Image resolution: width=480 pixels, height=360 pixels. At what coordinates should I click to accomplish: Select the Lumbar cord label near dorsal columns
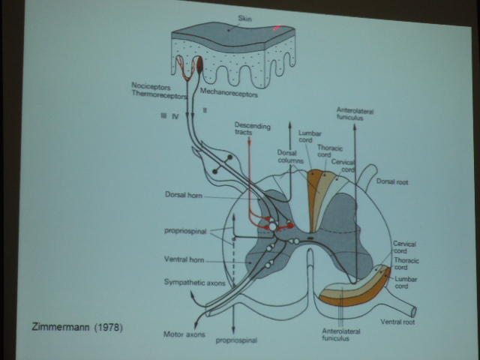(x=309, y=138)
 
